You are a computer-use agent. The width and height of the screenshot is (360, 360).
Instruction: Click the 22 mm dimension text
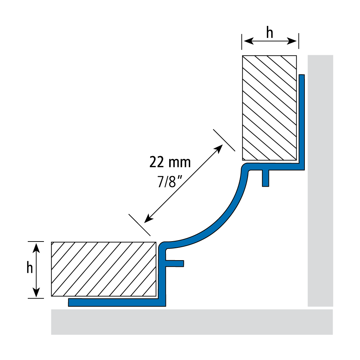(x=170, y=162)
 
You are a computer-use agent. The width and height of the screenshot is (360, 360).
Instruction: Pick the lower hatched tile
(x=104, y=269)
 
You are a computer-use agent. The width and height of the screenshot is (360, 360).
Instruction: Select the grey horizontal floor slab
(x=192, y=322)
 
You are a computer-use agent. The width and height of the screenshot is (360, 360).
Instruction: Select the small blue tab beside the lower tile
(x=175, y=263)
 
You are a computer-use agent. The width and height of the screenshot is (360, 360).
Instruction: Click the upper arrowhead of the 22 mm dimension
(x=220, y=148)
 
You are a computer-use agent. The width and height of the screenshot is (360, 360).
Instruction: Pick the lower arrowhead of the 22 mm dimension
(x=148, y=219)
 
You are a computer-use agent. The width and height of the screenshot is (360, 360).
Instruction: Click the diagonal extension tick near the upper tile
(x=224, y=140)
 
